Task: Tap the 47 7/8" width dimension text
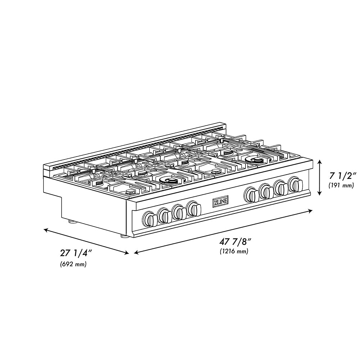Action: pyautogui.click(x=234, y=242)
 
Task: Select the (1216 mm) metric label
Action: pyautogui.click(x=234, y=252)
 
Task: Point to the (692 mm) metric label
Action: pyautogui.click(x=73, y=265)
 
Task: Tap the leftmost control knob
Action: pyautogui.click(x=149, y=218)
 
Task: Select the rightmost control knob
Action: pyautogui.click(x=296, y=184)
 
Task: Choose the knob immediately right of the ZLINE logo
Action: pyautogui.click(x=251, y=195)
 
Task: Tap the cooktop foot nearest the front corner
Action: pyautogui.click(x=123, y=236)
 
